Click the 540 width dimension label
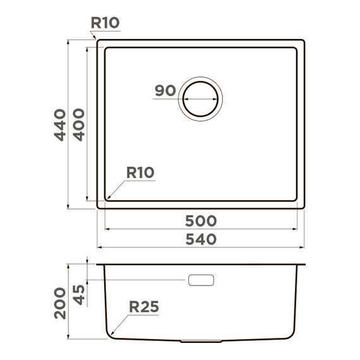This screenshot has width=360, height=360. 201,239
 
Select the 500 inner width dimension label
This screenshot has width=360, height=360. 201,221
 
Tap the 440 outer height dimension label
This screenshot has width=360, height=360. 60,125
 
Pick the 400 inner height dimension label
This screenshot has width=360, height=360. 79,124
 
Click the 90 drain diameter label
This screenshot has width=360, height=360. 165,90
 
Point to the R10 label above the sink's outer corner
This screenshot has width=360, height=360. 105,23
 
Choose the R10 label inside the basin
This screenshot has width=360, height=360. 140,172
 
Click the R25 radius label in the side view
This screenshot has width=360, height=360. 144,307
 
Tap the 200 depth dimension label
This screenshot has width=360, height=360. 60,303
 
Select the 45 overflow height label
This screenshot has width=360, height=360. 79,295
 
